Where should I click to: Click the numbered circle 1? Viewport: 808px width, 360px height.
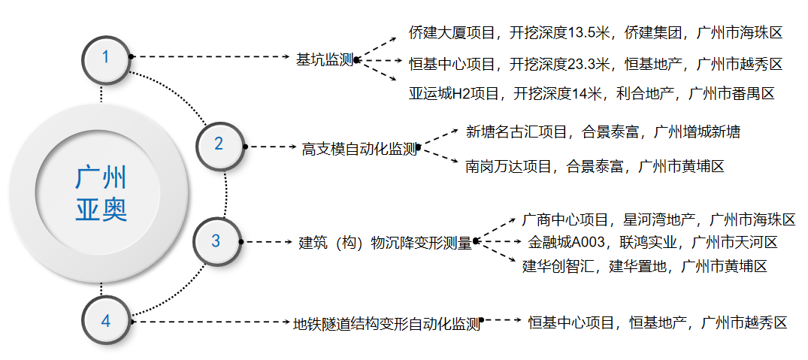click(x=106, y=56)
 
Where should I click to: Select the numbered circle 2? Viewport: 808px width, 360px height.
click(x=219, y=144)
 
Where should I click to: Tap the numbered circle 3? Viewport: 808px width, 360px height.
click(x=216, y=241)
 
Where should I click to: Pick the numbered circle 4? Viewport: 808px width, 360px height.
click(x=106, y=321)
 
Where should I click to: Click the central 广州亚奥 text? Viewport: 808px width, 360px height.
click(x=101, y=193)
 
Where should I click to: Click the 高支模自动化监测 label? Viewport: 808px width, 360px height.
click(x=359, y=149)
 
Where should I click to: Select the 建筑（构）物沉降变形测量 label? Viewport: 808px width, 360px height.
click(x=386, y=243)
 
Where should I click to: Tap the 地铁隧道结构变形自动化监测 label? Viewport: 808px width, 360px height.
click(x=386, y=325)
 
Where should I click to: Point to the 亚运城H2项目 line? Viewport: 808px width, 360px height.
click(x=591, y=94)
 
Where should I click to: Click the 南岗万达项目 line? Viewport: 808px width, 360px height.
click(x=595, y=166)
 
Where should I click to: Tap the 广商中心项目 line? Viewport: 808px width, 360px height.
click(x=658, y=220)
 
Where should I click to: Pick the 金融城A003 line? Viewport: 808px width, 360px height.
click(x=652, y=243)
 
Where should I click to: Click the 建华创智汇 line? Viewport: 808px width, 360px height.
click(x=644, y=265)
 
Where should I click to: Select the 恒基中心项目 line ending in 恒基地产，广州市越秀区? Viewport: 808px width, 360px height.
click(x=658, y=323)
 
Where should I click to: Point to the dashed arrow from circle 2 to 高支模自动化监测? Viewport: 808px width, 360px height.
click(x=271, y=147)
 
